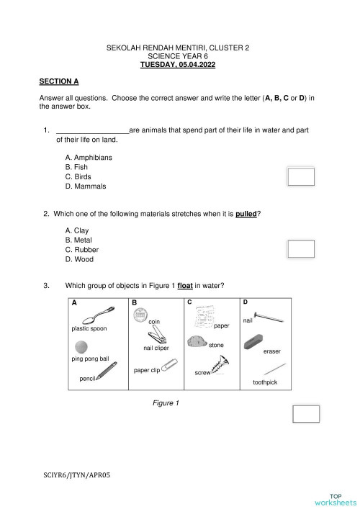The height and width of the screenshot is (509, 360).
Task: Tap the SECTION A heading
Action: click(59, 82)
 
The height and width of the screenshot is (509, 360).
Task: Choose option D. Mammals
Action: click(85, 186)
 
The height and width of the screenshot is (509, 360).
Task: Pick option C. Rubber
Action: click(81, 250)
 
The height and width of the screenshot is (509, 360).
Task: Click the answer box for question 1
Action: click(301, 176)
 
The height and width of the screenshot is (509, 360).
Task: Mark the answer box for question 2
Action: click(301, 248)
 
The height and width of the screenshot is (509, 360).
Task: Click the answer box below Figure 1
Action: click(305, 414)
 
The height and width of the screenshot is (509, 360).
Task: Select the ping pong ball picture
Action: click(82, 347)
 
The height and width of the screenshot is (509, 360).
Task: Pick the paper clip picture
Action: click(168, 366)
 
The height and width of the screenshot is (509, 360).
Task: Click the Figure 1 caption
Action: click(165, 402)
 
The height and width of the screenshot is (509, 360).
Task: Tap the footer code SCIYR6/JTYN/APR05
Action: click(77, 474)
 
